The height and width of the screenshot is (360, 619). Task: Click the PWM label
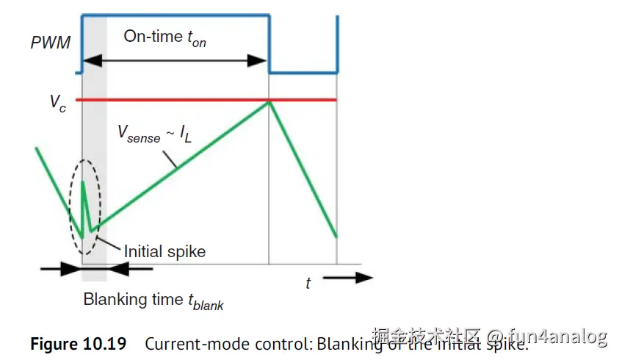pos(51,43)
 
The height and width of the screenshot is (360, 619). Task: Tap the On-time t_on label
pos(164,37)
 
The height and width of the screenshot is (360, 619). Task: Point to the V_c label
pos(58,102)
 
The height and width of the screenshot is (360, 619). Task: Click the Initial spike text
pos(164,251)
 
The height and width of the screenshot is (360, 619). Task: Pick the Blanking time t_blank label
pos(153,300)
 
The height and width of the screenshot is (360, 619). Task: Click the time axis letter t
pos(308,284)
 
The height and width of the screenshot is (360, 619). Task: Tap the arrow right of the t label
pos(348,278)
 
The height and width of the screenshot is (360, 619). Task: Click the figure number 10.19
pos(102,344)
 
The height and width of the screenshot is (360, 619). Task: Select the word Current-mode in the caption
pos(184,344)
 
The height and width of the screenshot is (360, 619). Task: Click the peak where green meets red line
pos(269,101)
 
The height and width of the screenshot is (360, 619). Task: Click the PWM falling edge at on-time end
pos(269,44)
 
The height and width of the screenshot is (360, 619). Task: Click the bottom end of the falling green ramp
pos(336,237)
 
